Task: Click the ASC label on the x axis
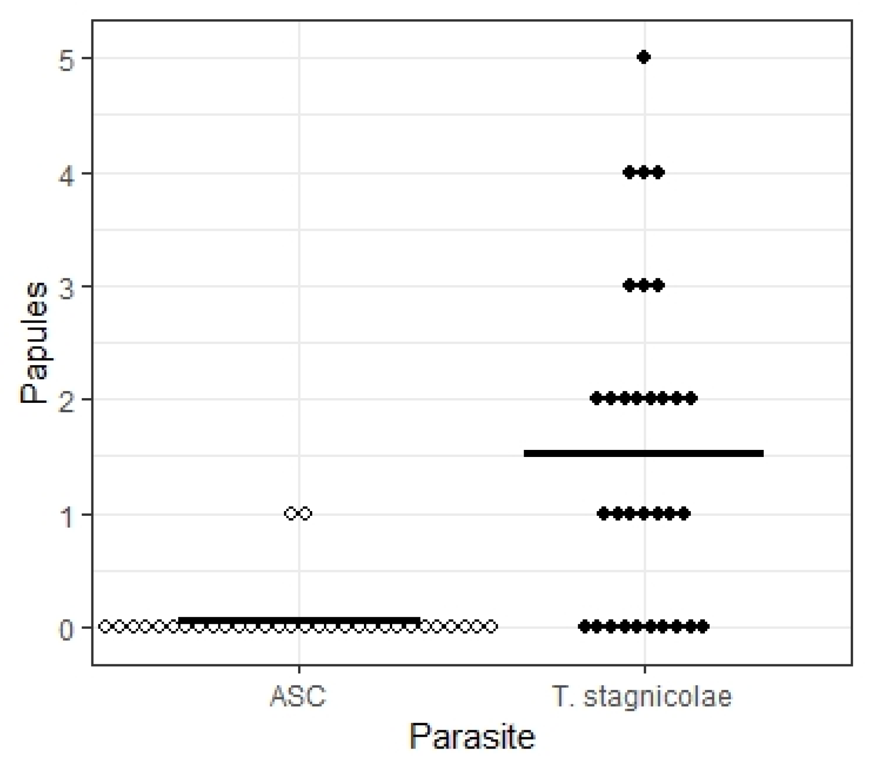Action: pos(298,696)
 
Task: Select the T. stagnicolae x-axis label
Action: pos(642,696)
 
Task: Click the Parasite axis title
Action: pos(472,736)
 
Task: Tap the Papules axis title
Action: pos(34,343)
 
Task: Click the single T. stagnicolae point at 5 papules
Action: pos(644,57)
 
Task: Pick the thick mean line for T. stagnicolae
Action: pos(644,454)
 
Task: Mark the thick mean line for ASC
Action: pos(299,620)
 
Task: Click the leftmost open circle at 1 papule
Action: pos(291,513)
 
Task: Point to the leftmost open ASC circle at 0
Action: pos(105,627)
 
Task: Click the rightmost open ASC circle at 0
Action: pos(491,627)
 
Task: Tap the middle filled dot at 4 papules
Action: pos(644,172)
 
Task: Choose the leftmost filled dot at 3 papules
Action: pos(630,285)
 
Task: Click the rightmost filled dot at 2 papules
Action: pos(690,399)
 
